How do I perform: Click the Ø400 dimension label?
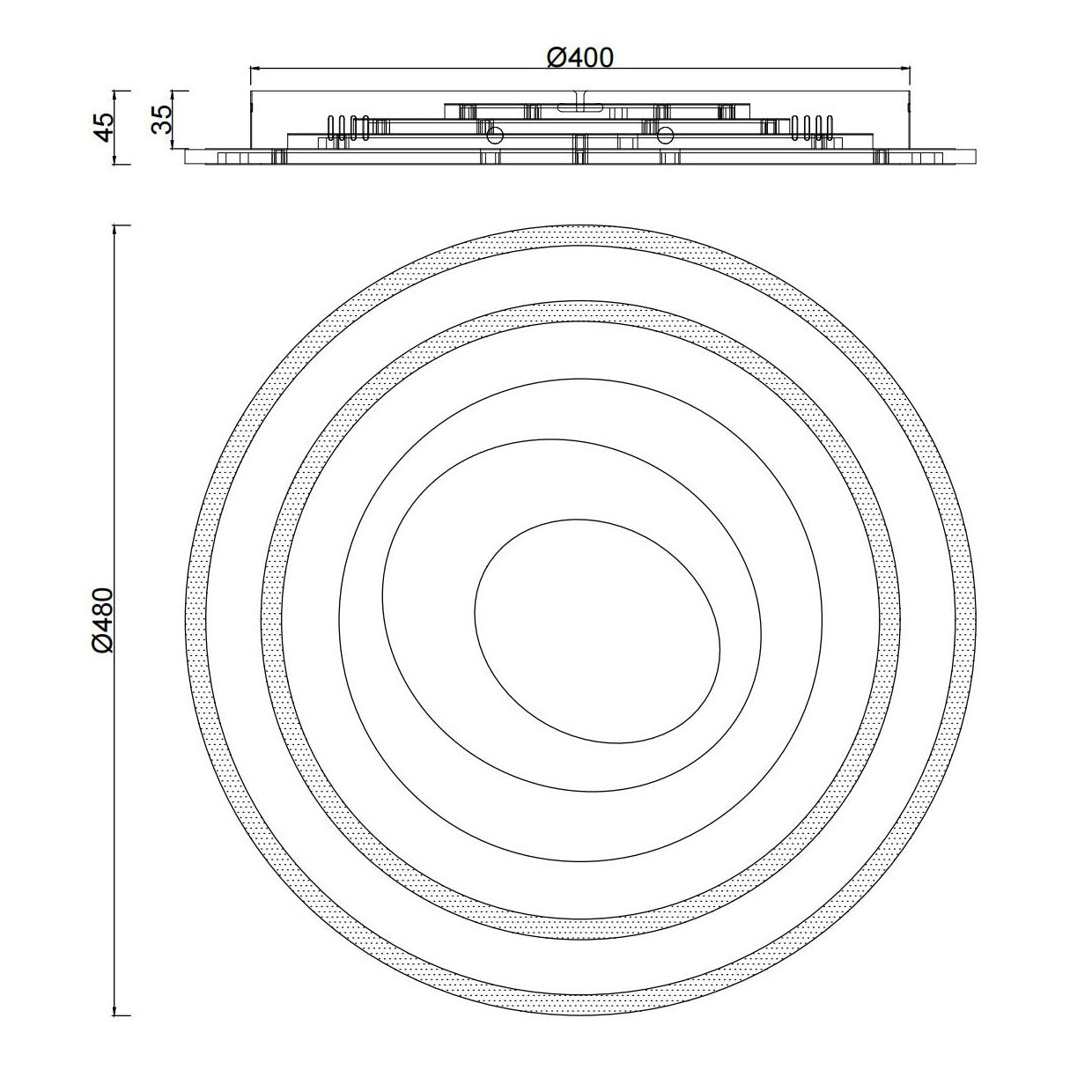click(x=579, y=57)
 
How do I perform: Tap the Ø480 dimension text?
click(x=104, y=621)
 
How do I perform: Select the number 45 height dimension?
click(x=104, y=127)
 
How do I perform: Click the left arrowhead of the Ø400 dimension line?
click(x=255, y=68)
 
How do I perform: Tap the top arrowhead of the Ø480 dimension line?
click(x=115, y=231)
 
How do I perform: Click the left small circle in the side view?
click(x=495, y=135)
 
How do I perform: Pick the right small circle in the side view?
click(x=665, y=135)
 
